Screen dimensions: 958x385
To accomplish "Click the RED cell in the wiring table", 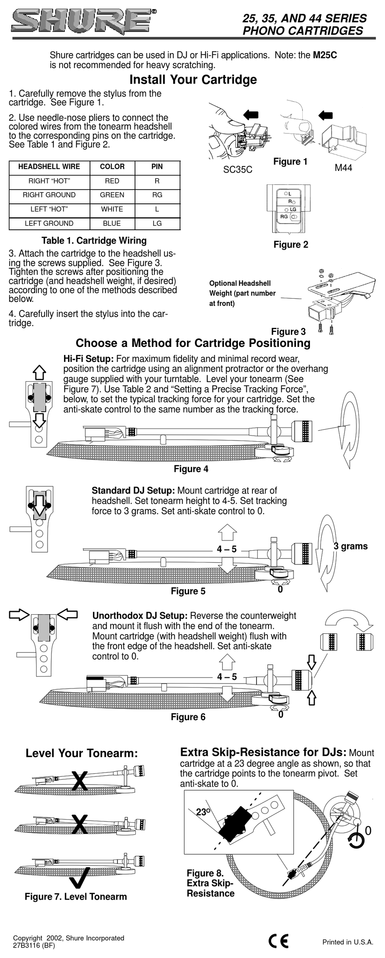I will click(x=112, y=181).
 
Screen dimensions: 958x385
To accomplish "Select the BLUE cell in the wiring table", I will click(x=112, y=223).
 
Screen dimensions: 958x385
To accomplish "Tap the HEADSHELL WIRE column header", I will click(x=49, y=167).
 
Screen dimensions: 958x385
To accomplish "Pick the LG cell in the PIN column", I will click(x=157, y=223).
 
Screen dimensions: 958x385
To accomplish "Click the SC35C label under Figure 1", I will click(x=237, y=170).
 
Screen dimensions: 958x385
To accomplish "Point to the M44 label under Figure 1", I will click(x=343, y=168).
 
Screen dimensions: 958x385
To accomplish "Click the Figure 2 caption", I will click(x=291, y=245).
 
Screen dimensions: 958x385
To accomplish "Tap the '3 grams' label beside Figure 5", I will click(x=351, y=546).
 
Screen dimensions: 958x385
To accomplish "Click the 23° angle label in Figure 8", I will click(x=203, y=812).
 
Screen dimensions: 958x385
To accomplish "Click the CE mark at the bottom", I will click(x=278, y=941).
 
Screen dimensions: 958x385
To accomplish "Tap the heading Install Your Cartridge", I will click(x=193, y=79).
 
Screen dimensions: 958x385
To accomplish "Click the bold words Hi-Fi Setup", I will click(x=88, y=359).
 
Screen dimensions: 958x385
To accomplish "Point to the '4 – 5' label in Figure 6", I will click(x=227, y=677).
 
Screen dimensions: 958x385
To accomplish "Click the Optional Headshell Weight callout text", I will click(x=242, y=293).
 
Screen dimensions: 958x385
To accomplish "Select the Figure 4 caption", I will click(x=191, y=469).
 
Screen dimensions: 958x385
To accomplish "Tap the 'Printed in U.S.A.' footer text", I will click(x=347, y=942).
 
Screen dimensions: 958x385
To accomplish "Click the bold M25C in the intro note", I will click(x=325, y=55).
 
